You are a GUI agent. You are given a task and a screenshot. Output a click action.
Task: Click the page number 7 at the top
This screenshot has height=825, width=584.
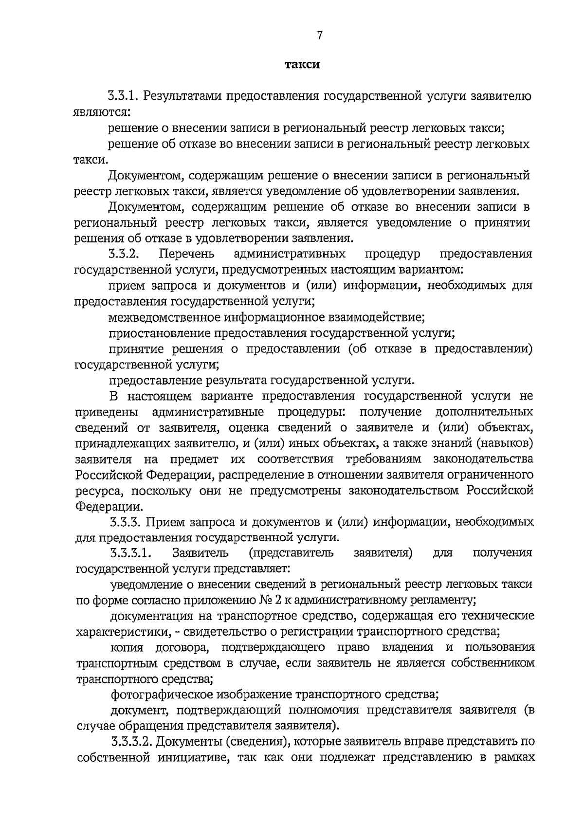(x=319, y=35)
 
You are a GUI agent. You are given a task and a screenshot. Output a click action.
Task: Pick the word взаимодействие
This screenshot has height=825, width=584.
(x=384, y=318)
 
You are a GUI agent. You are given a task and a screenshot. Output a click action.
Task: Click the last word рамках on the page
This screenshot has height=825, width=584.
(x=516, y=758)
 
